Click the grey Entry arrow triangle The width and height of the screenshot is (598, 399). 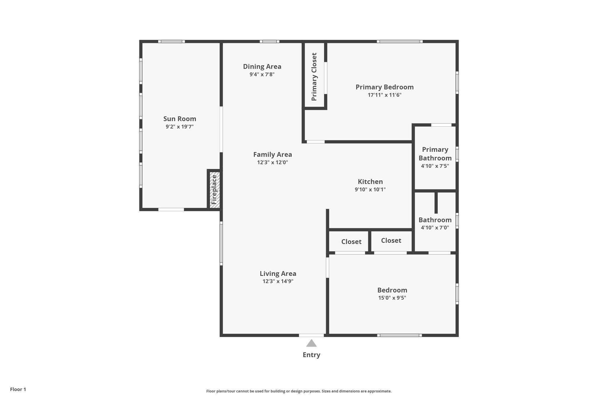(311, 343)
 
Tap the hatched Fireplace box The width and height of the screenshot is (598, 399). (215, 190)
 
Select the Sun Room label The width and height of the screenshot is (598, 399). (180, 119)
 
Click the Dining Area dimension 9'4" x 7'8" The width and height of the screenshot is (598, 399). (262, 74)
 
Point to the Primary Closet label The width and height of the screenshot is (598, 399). (314, 77)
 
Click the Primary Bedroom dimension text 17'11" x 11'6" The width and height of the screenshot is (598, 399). (385, 95)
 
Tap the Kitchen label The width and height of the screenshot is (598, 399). (370, 182)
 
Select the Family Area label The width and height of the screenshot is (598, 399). (272, 154)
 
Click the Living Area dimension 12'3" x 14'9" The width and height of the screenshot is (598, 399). (278, 281)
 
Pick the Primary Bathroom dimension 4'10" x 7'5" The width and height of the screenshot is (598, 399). (435, 166)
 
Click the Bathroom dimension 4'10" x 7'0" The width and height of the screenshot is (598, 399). (435, 227)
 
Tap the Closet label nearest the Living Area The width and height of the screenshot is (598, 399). (351, 242)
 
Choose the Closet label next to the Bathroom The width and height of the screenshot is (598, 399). (391, 241)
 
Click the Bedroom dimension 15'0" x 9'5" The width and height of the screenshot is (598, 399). (392, 298)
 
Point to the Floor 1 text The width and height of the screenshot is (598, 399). (18, 389)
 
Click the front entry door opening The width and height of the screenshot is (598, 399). (311, 335)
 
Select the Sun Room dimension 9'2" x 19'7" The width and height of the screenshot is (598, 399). (180, 127)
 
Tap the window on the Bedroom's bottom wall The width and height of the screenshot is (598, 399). (399, 335)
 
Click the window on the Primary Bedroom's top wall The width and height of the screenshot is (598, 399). (400, 42)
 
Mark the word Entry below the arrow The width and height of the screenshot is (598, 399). (311, 355)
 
